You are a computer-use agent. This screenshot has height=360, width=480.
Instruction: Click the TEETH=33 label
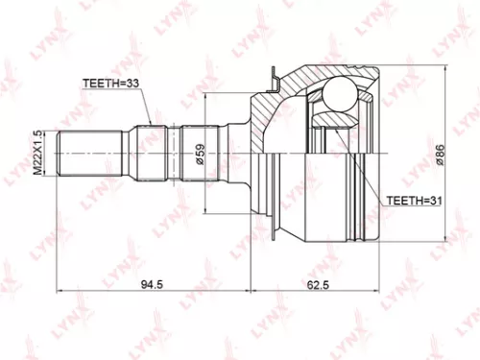pos(113,84)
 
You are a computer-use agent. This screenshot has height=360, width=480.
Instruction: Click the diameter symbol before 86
pos(438,165)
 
